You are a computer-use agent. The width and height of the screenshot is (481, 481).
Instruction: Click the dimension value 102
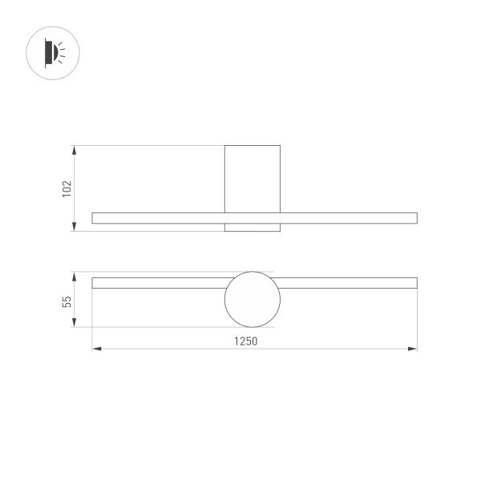point(67,188)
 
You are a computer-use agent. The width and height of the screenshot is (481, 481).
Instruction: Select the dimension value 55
point(67,301)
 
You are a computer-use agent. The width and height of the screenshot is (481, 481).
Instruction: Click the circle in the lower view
point(253,299)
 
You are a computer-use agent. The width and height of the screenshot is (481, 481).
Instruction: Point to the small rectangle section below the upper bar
point(253,228)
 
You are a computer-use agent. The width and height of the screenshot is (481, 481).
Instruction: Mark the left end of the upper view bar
point(95,217)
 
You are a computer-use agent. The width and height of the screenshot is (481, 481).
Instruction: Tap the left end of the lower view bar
point(95,282)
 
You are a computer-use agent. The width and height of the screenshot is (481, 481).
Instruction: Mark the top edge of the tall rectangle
point(253,146)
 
